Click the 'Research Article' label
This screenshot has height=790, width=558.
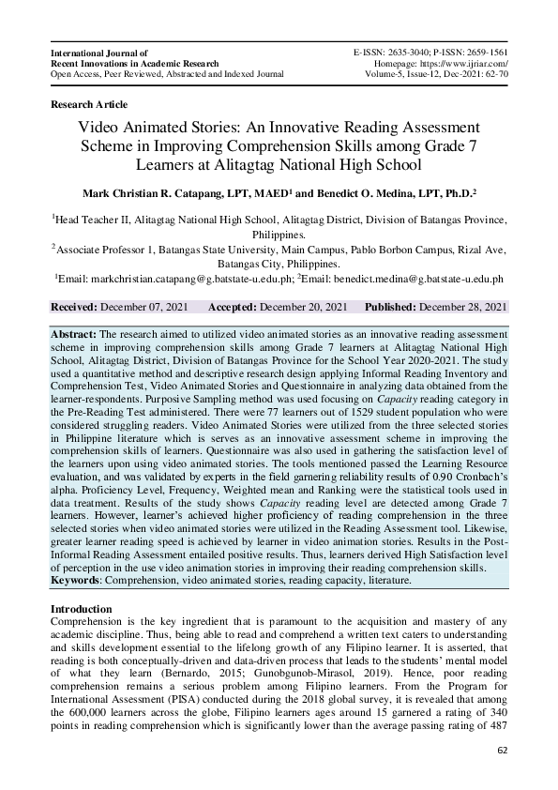click(88, 104)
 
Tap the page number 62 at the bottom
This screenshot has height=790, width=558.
click(502, 752)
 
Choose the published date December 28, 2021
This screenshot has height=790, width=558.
click(464, 307)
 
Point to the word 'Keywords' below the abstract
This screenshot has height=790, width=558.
click(77, 581)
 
